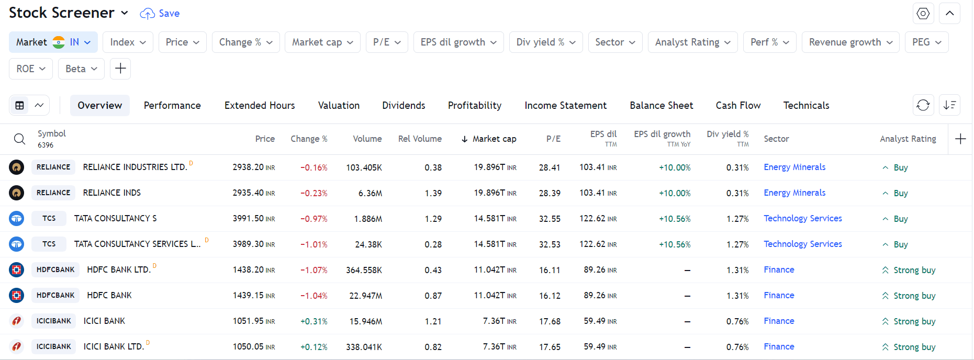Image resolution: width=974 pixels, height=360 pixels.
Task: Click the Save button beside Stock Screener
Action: click(x=160, y=14)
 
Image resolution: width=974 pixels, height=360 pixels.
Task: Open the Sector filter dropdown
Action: click(x=615, y=42)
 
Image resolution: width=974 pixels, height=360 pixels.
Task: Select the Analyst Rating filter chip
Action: click(x=692, y=42)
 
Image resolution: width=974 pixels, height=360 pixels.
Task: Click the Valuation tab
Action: click(x=339, y=106)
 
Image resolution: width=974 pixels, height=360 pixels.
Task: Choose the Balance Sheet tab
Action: click(x=661, y=106)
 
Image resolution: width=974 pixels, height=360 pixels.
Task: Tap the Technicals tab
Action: click(x=806, y=106)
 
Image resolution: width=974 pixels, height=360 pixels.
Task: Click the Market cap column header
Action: click(x=494, y=139)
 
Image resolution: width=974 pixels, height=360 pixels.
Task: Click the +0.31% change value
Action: click(x=314, y=321)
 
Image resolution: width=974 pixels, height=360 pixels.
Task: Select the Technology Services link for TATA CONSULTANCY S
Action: click(x=802, y=219)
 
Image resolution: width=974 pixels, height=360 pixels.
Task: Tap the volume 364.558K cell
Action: click(x=364, y=270)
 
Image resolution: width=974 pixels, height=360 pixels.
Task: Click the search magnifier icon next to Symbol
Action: click(x=19, y=139)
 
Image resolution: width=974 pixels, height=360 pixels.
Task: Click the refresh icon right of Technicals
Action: click(x=923, y=106)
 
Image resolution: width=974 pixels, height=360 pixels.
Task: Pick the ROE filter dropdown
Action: click(x=30, y=69)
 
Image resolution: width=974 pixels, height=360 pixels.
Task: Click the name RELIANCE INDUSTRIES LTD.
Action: click(x=135, y=167)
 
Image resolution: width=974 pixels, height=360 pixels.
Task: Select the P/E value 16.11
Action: click(x=550, y=270)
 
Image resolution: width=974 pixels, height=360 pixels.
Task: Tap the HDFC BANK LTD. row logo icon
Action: click(x=17, y=270)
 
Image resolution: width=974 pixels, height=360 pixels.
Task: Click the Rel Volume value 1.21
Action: click(x=433, y=321)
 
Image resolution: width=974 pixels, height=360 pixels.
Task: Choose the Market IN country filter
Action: click(x=53, y=42)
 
